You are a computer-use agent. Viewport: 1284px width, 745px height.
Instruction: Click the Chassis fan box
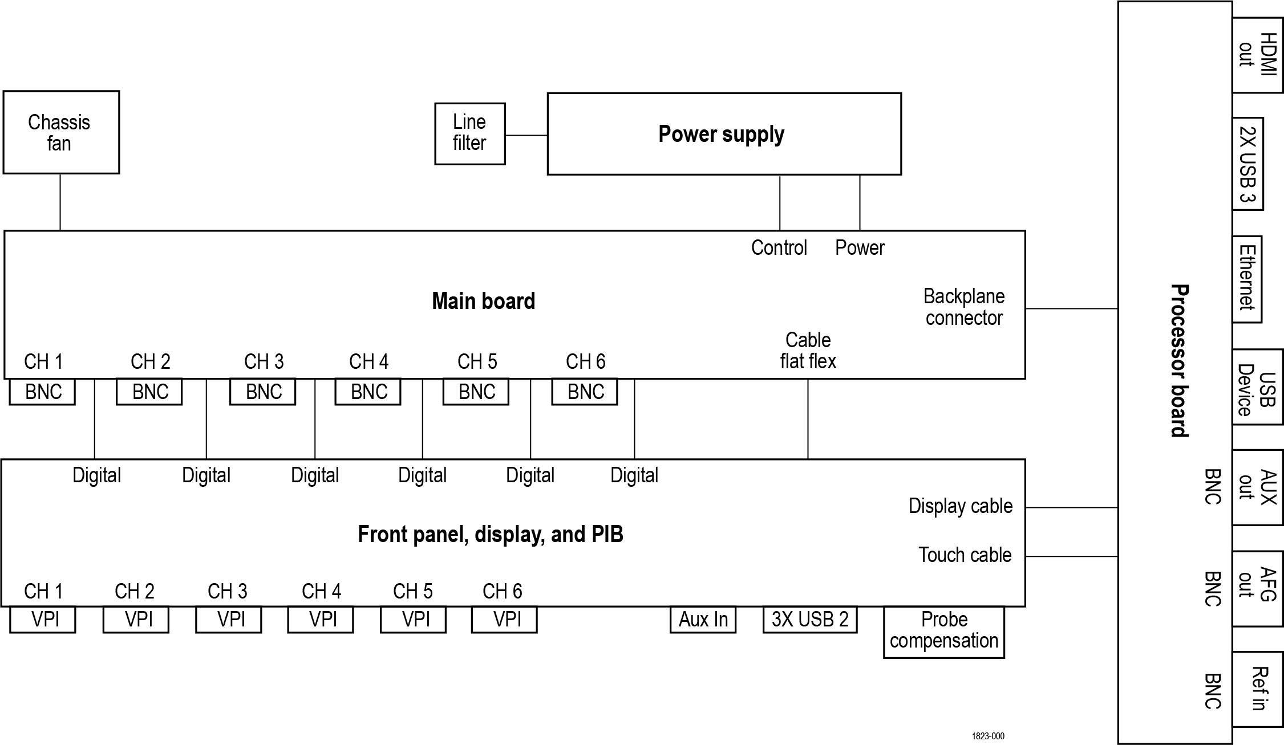click(x=61, y=132)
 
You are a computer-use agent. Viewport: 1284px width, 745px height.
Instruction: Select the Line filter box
click(x=469, y=134)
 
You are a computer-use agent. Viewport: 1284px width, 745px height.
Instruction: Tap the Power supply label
click(x=721, y=134)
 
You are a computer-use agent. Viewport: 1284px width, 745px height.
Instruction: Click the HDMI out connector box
click(x=1257, y=55)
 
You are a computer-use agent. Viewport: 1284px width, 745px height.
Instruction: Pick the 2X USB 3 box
click(x=1247, y=164)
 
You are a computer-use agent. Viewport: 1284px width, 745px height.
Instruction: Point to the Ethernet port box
click(x=1247, y=279)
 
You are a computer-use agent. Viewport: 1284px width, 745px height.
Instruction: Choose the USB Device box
click(x=1257, y=387)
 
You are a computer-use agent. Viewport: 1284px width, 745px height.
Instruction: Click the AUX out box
click(x=1257, y=487)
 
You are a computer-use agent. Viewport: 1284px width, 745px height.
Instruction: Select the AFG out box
click(x=1257, y=589)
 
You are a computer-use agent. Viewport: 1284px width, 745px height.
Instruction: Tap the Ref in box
click(x=1257, y=689)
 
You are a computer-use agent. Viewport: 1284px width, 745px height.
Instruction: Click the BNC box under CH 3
click(x=262, y=392)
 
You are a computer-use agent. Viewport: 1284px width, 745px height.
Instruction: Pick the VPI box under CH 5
click(x=413, y=620)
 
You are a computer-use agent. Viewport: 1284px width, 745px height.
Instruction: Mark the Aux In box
click(x=703, y=620)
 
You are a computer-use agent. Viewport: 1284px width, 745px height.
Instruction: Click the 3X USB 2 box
click(x=809, y=620)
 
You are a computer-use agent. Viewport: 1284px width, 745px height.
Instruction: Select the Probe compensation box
click(x=943, y=632)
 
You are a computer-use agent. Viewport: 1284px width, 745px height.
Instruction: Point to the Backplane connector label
click(x=963, y=307)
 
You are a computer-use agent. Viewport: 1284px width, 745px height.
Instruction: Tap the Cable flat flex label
click(x=808, y=351)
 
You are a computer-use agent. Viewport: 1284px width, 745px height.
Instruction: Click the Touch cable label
click(x=965, y=555)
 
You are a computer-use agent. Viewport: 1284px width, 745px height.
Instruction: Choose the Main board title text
click(x=483, y=301)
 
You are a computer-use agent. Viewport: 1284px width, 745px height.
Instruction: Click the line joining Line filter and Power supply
click(x=526, y=136)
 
